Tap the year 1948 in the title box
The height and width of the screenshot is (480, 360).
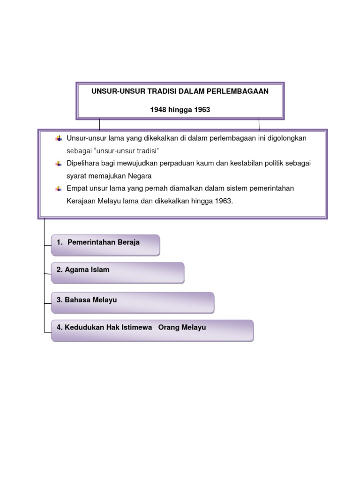[158, 110]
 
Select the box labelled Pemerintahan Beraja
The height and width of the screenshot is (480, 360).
[105, 245]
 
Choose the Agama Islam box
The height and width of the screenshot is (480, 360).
[117, 272]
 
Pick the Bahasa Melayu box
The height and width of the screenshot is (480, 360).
[132, 302]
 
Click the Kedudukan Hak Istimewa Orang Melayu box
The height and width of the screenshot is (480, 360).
[152, 330]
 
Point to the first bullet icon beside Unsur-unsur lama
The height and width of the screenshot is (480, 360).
[59, 138]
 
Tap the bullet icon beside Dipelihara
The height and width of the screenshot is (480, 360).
[59, 164]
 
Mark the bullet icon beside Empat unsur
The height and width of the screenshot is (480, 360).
[59, 188]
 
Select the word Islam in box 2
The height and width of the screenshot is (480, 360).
[100, 270]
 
